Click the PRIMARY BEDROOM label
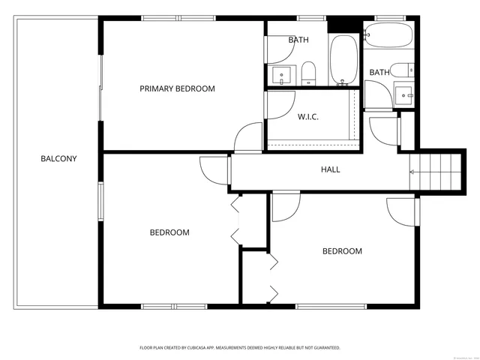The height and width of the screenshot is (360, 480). click(177, 88)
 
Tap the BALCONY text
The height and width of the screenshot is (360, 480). click(58, 159)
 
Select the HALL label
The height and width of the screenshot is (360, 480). click(330, 169)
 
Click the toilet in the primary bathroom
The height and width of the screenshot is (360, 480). click(308, 73)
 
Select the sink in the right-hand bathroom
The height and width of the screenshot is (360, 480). click(405, 94)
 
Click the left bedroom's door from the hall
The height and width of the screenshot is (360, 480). click(213, 170)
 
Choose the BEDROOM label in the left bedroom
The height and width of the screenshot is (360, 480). click(169, 232)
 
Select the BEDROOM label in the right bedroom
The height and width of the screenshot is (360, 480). click(342, 251)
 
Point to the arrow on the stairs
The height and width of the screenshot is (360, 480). click(412, 172)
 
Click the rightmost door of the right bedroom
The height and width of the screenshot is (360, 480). click(401, 211)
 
